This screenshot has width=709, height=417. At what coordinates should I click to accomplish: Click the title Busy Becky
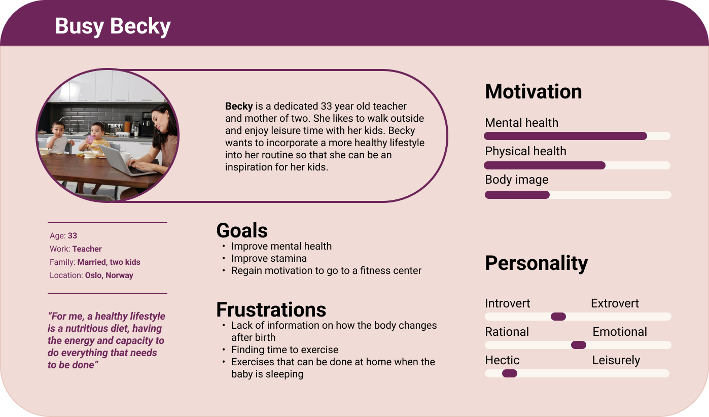(x=113, y=26)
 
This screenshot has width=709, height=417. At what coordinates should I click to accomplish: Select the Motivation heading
(x=534, y=92)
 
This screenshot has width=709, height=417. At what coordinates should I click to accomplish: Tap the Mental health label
(x=522, y=123)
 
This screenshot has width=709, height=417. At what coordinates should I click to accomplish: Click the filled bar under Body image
(x=517, y=195)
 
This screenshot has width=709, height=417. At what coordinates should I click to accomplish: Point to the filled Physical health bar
(x=545, y=165)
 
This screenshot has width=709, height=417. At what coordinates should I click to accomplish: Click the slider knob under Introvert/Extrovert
(x=558, y=317)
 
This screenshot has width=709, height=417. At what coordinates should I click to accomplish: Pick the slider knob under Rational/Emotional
(x=579, y=345)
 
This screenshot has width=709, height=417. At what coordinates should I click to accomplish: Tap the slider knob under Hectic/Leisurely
(x=510, y=373)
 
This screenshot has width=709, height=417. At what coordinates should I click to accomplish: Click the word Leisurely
(x=616, y=360)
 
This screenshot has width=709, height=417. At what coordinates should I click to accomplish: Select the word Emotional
(x=620, y=332)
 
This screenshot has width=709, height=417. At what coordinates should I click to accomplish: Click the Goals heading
(x=242, y=230)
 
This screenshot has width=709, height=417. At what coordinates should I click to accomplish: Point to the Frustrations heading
(x=271, y=309)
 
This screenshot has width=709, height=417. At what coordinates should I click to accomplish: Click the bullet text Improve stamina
(x=269, y=258)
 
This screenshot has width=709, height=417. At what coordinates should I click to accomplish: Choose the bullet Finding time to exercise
(x=285, y=350)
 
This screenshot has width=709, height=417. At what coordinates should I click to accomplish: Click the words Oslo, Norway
(x=109, y=275)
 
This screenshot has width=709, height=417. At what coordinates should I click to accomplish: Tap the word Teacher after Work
(x=87, y=249)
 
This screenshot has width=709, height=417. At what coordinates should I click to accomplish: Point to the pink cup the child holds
(x=90, y=140)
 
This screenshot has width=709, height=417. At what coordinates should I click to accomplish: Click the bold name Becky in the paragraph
(x=239, y=106)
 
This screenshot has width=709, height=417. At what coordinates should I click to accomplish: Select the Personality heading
(x=537, y=263)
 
